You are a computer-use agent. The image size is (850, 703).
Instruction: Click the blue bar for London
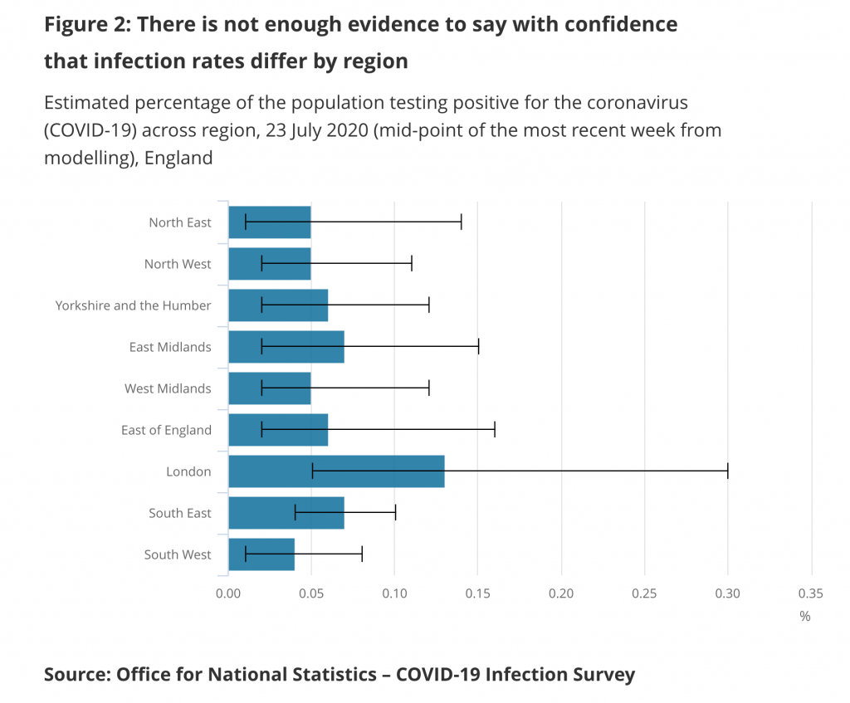tap(336, 471)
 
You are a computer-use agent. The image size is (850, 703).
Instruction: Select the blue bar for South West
tap(261, 554)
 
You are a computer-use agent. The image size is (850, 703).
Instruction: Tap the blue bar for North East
tap(270, 222)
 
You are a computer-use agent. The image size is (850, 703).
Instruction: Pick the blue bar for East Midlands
tap(286, 347)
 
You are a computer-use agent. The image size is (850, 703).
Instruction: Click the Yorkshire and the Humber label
tap(134, 305)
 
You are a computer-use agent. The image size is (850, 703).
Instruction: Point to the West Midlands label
tap(169, 388)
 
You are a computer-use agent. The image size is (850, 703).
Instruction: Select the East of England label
tap(167, 430)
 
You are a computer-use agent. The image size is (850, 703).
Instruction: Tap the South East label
tap(180, 513)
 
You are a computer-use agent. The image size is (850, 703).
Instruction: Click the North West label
tap(178, 264)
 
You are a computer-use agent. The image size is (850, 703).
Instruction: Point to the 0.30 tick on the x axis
tap(728, 593)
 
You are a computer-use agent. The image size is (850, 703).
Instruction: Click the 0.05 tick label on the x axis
tap(311, 593)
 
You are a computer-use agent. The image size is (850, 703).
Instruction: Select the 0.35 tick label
tap(811, 593)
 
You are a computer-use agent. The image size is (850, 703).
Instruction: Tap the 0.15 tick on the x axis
tap(478, 593)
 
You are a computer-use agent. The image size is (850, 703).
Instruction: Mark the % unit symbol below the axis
tap(804, 617)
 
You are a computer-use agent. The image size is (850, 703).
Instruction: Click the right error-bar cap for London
tap(728, 471)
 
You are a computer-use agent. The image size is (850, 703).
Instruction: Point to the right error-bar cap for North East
tap(461, 222)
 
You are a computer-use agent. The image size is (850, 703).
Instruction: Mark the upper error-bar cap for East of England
tap(495, 430)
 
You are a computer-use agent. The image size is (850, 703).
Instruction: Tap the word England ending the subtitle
tap(178, 157)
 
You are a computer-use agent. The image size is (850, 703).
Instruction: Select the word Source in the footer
tap(76, 674)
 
